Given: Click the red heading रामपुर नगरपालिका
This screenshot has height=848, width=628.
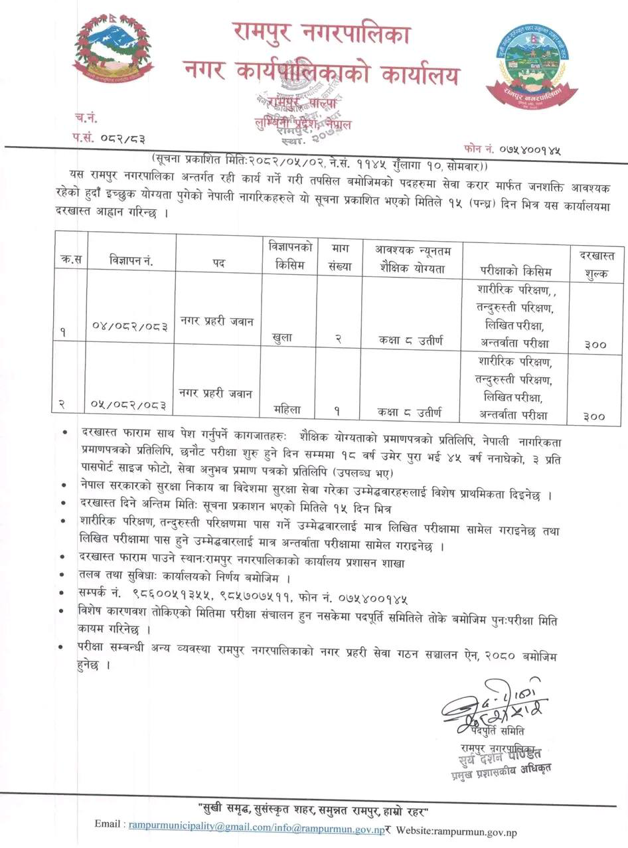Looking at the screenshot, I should coord(321,32).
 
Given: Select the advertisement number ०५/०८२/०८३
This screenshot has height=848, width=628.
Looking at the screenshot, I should coord(129,404).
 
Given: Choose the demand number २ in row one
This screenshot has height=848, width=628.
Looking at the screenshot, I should coord(338,339).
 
